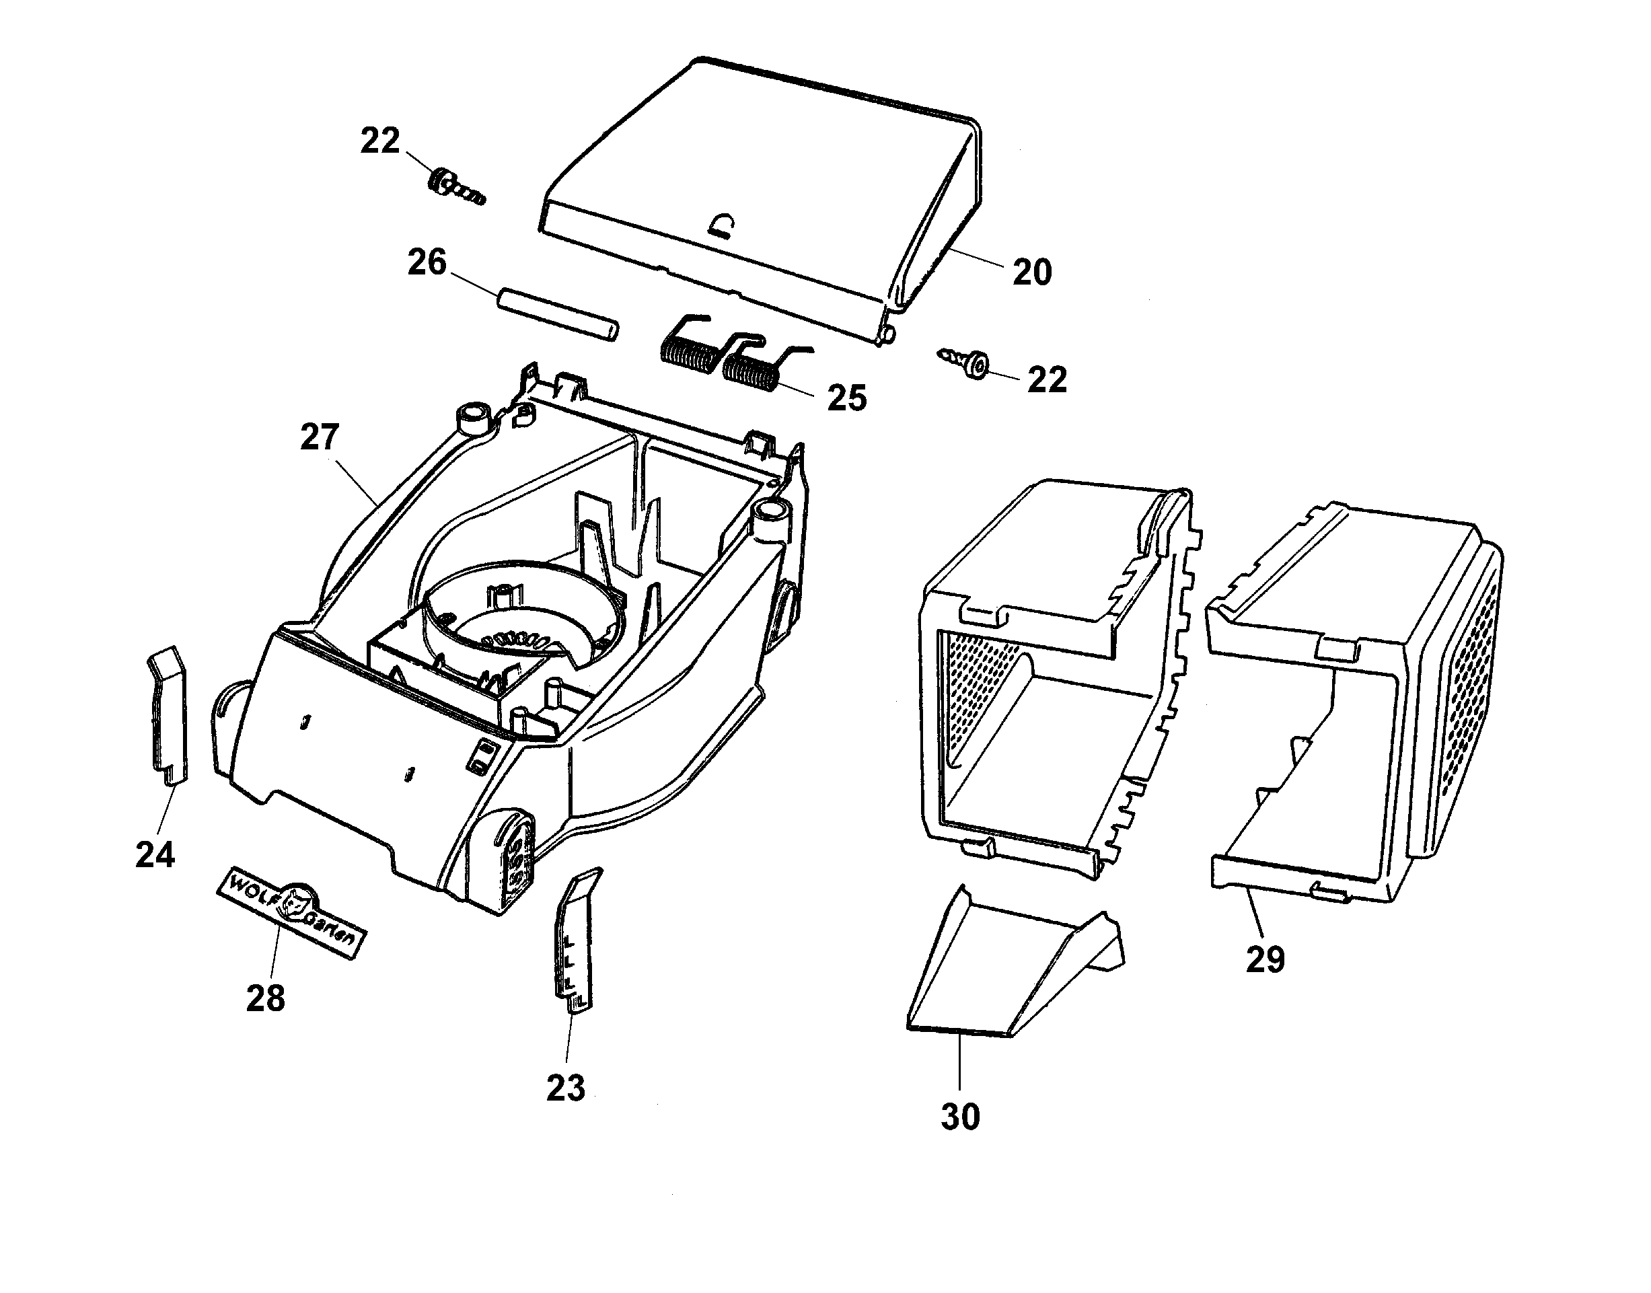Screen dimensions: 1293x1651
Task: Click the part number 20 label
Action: pos(1032,272)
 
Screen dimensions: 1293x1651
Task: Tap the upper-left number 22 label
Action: pos(379,141)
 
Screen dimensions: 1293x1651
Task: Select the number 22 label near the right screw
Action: pos(1047,379)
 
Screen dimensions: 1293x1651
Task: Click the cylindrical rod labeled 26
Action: pos(558,313)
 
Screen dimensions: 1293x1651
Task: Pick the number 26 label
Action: pos(427,262)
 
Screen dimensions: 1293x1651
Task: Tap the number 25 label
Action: pos(846,398)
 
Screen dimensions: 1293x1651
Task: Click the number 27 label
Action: pos(320,437)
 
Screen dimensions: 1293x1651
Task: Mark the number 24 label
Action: pos(155,854)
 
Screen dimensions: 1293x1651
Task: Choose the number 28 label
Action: pos(266,998)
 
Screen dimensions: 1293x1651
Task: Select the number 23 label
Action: pos(566,1088)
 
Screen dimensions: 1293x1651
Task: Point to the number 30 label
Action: pos(960,1117)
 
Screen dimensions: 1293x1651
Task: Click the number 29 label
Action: pos(1265,960)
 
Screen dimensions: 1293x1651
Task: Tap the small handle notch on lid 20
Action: pos(724,225)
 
